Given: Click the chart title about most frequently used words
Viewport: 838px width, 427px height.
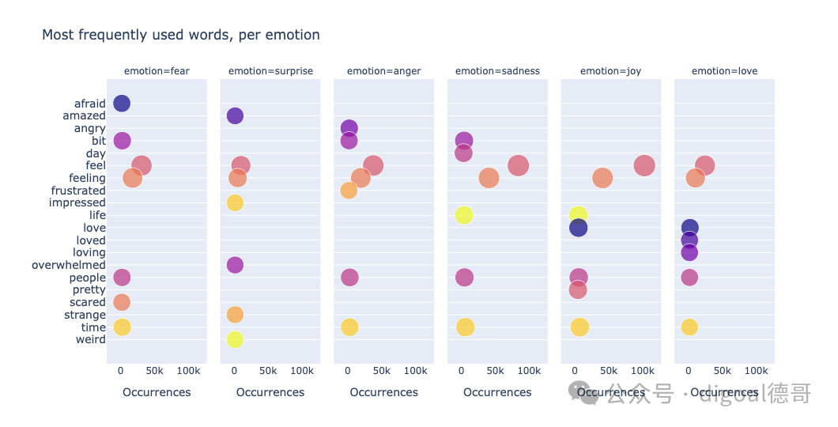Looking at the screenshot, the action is click(180, 36).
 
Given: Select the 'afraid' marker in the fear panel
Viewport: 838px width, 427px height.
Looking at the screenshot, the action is click(122, 103).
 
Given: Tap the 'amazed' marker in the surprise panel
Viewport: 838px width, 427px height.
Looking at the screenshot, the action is click(235, 115).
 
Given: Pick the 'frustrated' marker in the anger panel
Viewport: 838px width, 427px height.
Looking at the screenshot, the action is click(349, 191).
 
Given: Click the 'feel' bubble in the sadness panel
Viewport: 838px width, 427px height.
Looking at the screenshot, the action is click(518, 166).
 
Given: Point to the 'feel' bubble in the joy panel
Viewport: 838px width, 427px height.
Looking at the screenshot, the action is click(644, 166).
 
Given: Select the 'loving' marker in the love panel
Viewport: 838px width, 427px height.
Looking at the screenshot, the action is click(689, 252).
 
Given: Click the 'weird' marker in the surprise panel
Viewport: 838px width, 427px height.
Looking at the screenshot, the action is click(235, 339).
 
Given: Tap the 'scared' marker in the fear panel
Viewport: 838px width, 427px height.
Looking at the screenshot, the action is click(122, 302).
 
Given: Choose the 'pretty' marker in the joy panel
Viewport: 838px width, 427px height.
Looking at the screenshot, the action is click(578, 289).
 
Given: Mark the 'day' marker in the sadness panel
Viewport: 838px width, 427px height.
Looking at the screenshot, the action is click(463, 153).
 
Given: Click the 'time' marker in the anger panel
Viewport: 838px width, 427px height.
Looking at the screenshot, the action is click(349, 327).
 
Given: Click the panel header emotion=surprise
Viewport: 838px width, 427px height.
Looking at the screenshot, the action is click(270, 71).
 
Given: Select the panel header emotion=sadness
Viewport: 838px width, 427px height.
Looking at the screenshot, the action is click(497, 71).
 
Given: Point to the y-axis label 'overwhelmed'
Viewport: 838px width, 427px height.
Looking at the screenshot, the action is click(69, 265).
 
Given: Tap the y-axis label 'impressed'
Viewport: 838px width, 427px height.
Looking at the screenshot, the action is click(77, 203).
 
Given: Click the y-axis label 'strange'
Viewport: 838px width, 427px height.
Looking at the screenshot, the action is click(85, 315).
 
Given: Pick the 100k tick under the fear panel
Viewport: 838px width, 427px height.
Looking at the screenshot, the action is click(189, 371).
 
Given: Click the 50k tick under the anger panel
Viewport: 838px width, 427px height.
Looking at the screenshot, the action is click(382, 371).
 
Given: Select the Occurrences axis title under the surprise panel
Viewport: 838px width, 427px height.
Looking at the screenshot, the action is click(270, 392).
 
